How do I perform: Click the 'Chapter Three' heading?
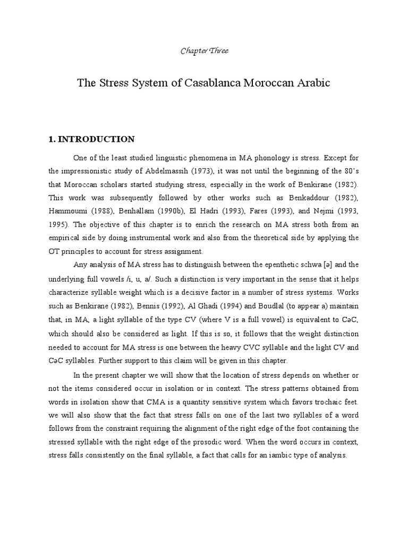(x=204, y=51)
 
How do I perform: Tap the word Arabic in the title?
(x=311, y=83)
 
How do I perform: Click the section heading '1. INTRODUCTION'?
(x=91, y=139)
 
